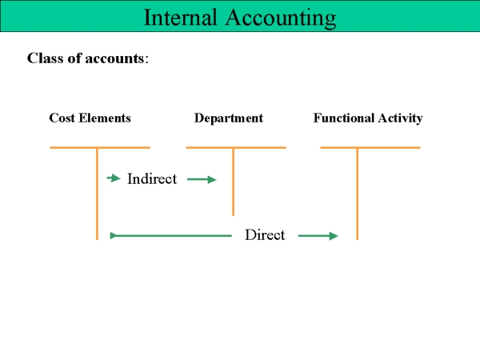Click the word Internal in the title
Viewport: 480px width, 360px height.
pos(180,17)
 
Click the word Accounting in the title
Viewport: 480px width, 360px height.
pos(281,18)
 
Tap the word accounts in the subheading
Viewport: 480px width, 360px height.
pos(114,58)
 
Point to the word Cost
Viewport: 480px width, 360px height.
pos(62,118)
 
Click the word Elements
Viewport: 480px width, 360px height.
pos(105,118)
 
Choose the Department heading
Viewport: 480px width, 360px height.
pos(229,118)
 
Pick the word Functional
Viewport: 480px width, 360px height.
pos(344,118)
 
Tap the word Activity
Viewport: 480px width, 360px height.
pos(401,118)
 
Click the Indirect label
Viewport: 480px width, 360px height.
pos(152,178)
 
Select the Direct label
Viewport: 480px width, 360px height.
pos(265,234)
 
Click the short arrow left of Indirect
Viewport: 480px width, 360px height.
pos(114,178)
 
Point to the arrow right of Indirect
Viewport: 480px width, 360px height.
pos(202,179)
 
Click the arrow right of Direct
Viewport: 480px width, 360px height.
pos(318,236)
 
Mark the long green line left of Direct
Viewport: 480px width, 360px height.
pos(171,236)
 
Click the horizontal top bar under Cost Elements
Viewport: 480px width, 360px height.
pos(100,147)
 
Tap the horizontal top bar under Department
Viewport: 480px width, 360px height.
pos(236,147)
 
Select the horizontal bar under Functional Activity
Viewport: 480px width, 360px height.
pos(370,147)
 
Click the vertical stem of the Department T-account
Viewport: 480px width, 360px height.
pos(234,182)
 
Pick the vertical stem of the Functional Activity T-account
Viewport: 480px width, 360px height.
pos(358,194)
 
